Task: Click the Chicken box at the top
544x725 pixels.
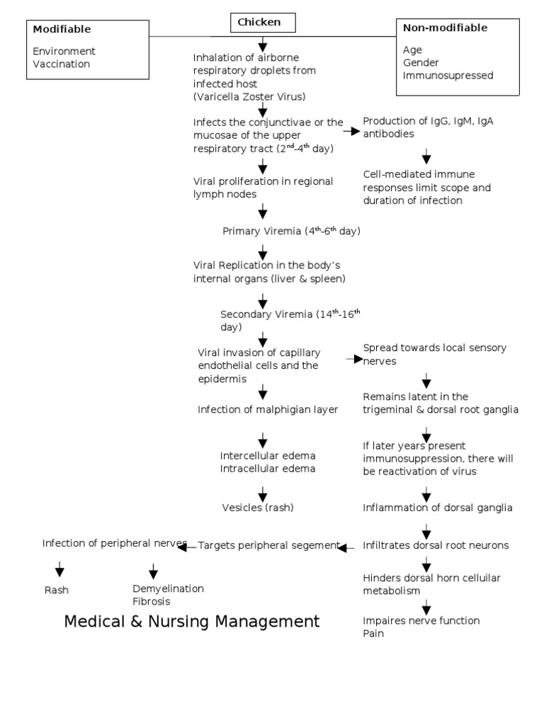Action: click(x=262, y=23)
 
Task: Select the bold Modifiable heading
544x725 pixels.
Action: click(x=62, y=29)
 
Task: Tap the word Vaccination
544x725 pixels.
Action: click(x=62, y=64)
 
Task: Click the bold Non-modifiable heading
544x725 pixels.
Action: click(x=445, y=28)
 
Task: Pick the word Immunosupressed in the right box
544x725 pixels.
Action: click(x=448, y=76)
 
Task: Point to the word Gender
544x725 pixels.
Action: click(x=421, y=63)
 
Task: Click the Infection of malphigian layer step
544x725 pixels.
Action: click(x=268, y=409)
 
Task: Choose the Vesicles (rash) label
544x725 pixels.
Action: click(x=258, y=508)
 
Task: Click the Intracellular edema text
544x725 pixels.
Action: click(x=268, y=468)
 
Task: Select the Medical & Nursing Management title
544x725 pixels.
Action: click(x=192, y=622)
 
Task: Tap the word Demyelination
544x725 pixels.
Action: click(x=168, y=588)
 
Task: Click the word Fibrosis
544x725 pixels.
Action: click(x=152, y=601)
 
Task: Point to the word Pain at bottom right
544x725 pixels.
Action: click(x=373, y=634)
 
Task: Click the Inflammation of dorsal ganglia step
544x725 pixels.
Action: click(x=437, y=508)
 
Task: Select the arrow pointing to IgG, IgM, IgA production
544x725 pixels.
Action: click(x=352, y=132)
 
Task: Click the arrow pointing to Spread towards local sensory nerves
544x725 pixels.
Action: click(x=353, y=360)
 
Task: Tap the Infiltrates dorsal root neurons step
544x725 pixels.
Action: click(x=436, y=546)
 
